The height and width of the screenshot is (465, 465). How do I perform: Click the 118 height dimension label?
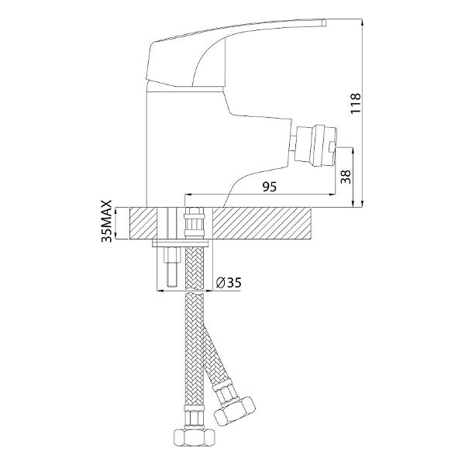click(356, 103)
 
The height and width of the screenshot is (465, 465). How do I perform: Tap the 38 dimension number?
click(346, 177)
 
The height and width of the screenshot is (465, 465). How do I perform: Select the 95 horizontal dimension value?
click(269, 187)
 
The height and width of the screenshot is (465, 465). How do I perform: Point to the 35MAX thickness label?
click(106, 221)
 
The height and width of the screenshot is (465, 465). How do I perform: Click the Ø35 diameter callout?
click(229, 283)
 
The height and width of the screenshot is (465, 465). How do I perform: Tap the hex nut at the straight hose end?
click(194, 439)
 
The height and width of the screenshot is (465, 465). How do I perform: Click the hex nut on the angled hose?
click(235, 411)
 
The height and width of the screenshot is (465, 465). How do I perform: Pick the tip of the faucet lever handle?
click(325, 22)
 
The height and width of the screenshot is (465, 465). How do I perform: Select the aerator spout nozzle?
click(317, 144)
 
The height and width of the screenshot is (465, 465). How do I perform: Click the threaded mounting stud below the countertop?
click(172, 267)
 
